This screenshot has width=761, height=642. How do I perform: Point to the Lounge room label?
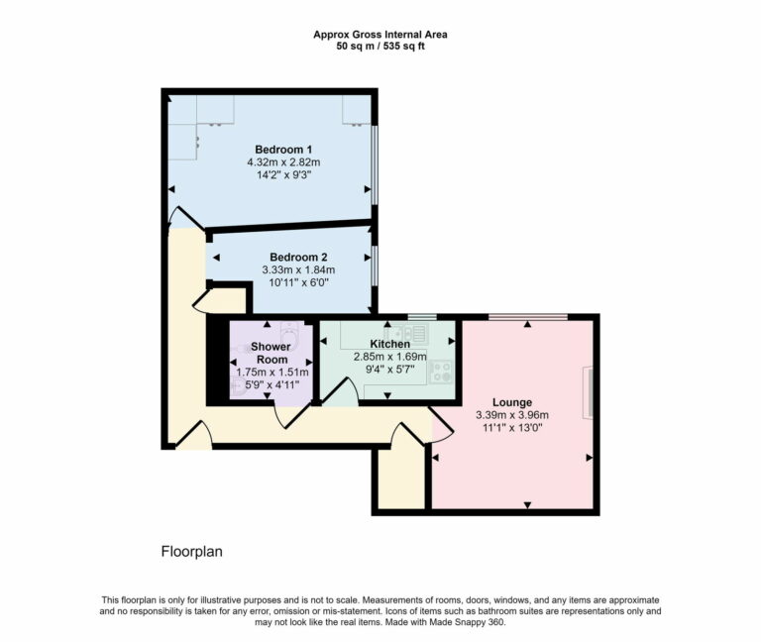click(511, 402)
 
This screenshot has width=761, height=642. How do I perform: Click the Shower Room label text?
click(270, 353)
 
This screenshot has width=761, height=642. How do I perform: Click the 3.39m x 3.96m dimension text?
click(511, 415)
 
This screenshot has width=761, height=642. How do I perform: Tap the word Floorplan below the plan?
click(191, 551)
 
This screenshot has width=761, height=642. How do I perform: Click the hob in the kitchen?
click(441, 372)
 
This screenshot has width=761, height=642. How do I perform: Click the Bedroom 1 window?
click(375, 163)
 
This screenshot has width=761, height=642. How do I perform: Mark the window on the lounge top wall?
click(527, 317)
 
